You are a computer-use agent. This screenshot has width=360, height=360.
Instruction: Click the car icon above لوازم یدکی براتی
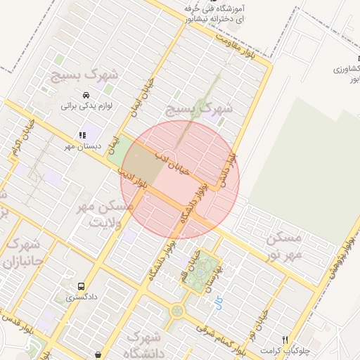click(x=86, y=95)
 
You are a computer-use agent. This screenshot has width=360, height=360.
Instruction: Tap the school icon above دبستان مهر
click(x=82, y=134)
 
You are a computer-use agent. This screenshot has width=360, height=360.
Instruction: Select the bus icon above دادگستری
click(x=82, y=287)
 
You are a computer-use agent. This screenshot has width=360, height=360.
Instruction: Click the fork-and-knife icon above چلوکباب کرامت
click(x=285, y=339)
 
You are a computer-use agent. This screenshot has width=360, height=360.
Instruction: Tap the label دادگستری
click(x=83, y=298)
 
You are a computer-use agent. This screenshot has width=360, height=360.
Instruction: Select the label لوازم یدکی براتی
click(x=87, y=107)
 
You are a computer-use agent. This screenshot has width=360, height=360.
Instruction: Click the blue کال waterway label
click(x=218, y=302)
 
